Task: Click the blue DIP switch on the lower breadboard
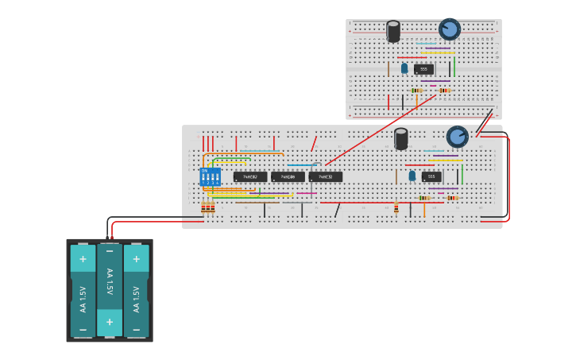[210, 176]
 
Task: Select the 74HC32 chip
[326, 176]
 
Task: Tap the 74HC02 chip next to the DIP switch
[250, 176]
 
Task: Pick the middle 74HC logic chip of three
[288, 176]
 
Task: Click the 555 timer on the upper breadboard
[423, 69]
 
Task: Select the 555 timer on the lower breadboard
[431, 176]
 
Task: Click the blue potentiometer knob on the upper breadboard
[450, 29]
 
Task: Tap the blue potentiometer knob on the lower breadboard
[457, 137]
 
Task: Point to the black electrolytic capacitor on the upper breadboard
[393, 31]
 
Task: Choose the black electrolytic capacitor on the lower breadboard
[401, 138]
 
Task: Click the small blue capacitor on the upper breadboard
[404, 68]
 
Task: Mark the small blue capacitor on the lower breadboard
[412, 176]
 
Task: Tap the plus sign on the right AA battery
[136, 258]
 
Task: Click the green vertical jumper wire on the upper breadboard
[454, 67]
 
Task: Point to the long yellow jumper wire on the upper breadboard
[438, 53]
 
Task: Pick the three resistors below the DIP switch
[207, 207]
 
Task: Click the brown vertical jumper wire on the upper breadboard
[389, 69]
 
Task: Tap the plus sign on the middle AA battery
[110, 323]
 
